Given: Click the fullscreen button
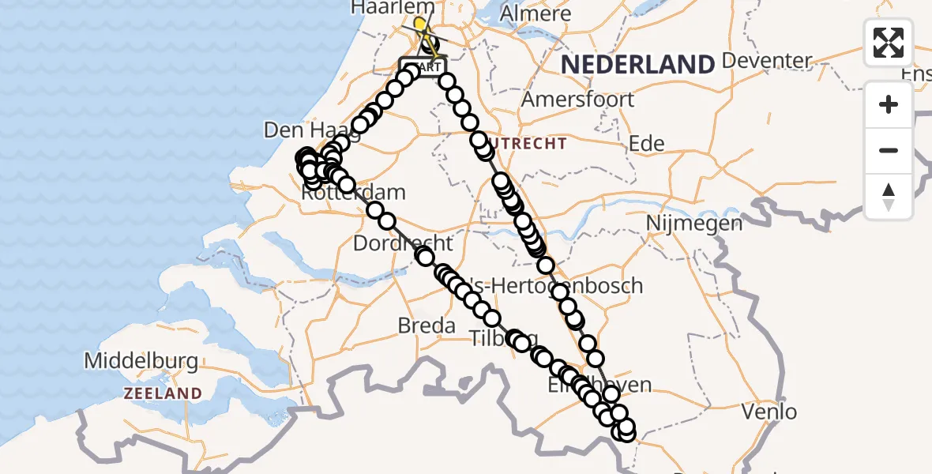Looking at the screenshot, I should [889, 43].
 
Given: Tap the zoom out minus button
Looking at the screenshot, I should [889, 150].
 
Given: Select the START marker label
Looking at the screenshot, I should [423, 67].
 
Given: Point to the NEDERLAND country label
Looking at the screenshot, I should [637, 64].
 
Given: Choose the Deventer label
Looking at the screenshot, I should [766, 61].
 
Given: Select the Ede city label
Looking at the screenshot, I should [646, 144].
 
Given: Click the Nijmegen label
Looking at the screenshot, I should [694, 224].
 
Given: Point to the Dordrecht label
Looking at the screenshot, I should [403, 243].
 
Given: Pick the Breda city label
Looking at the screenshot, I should [427, 325].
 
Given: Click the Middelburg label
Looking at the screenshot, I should [141, 362].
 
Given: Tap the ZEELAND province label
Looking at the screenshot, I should [162, 393].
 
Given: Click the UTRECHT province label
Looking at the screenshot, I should [528, 144].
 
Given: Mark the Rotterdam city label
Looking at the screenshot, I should [354, 193].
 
